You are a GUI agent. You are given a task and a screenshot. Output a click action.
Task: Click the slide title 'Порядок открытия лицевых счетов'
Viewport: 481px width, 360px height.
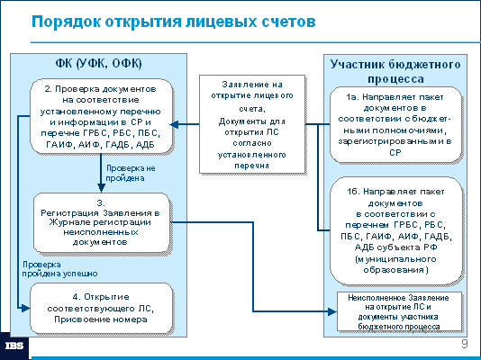tap(173, 22)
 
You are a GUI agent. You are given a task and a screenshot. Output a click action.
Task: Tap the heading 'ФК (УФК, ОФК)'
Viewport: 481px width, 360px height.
tap(98, 63)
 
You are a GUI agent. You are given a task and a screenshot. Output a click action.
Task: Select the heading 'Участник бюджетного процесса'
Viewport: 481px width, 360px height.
tap(395, 71)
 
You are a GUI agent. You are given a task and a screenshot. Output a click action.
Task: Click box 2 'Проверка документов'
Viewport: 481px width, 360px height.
tap(101, 116)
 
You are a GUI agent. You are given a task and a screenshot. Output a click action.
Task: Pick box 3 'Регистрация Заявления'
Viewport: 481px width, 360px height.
tap(101, 222)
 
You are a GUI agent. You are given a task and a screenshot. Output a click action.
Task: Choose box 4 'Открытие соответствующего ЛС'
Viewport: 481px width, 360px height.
tap(101, 308)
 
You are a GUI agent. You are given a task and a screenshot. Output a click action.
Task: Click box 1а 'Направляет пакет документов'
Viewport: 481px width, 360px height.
tap(395, 124)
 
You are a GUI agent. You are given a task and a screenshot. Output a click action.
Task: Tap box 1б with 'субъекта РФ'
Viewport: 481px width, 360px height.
tap(396, 230)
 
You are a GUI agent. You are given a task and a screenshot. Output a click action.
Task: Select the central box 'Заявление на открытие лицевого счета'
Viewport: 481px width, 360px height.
tap(252, 124)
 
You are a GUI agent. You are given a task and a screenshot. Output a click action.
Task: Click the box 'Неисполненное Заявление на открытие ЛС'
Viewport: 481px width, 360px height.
tap(399, 311)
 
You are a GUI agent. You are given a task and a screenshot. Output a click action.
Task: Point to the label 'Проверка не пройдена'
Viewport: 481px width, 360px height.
tap(131, 173)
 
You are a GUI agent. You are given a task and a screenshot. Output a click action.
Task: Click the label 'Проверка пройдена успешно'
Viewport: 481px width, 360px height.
tap(59, 269)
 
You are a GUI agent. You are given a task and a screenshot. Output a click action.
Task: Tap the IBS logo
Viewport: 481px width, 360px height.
tap(14, 346)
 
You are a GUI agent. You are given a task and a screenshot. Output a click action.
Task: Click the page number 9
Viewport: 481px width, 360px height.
tap(465, 344)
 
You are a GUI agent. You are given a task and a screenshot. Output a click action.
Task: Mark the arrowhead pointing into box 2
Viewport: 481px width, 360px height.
tap(174, 124)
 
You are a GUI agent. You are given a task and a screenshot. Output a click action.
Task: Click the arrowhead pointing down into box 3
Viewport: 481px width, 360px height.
tap(101, 188)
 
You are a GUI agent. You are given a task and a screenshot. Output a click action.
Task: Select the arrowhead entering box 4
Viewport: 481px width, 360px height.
tap(25, 308)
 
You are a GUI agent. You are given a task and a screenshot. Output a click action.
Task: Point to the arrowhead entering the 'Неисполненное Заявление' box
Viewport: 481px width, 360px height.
tap(332, 311)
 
